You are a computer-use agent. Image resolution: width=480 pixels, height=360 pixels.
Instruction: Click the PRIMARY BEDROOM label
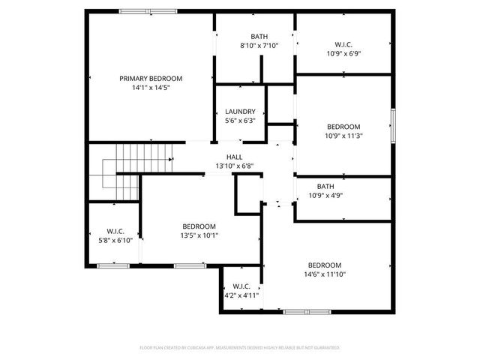(151, 78)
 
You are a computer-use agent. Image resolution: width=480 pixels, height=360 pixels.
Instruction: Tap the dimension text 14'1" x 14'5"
(151, 88)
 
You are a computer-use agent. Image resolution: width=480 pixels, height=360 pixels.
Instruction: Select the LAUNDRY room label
(240, 111)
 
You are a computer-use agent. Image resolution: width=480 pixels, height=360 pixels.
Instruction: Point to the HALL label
(234, 157)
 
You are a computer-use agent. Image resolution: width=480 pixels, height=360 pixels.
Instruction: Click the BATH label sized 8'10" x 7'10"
(259, 36)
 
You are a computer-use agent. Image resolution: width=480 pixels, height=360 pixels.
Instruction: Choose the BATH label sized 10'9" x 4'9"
(325, 186)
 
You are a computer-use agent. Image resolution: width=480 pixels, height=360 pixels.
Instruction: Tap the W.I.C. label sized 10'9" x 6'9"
(343, 43)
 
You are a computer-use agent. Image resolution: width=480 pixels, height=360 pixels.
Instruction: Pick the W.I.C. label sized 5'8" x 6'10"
(115, 230)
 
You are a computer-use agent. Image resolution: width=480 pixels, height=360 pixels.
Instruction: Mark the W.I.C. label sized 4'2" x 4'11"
(241, 286)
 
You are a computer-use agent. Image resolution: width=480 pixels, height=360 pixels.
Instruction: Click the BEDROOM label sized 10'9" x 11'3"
(343, 127)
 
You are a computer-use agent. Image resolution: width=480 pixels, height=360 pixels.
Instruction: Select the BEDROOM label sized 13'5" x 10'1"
(199, 226)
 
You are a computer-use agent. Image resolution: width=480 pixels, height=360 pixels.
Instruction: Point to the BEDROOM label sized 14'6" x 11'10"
(325, 265)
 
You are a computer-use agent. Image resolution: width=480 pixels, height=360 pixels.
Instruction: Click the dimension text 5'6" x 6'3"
(240, 120)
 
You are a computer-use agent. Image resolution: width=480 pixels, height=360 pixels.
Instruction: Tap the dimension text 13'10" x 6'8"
(235, 166)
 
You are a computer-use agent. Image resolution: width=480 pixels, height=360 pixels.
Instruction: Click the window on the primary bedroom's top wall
(148, 11)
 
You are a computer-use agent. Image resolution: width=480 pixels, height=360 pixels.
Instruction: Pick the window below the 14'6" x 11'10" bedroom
(307, 311)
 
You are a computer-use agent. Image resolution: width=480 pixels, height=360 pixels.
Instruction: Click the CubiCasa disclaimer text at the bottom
(240, 348)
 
